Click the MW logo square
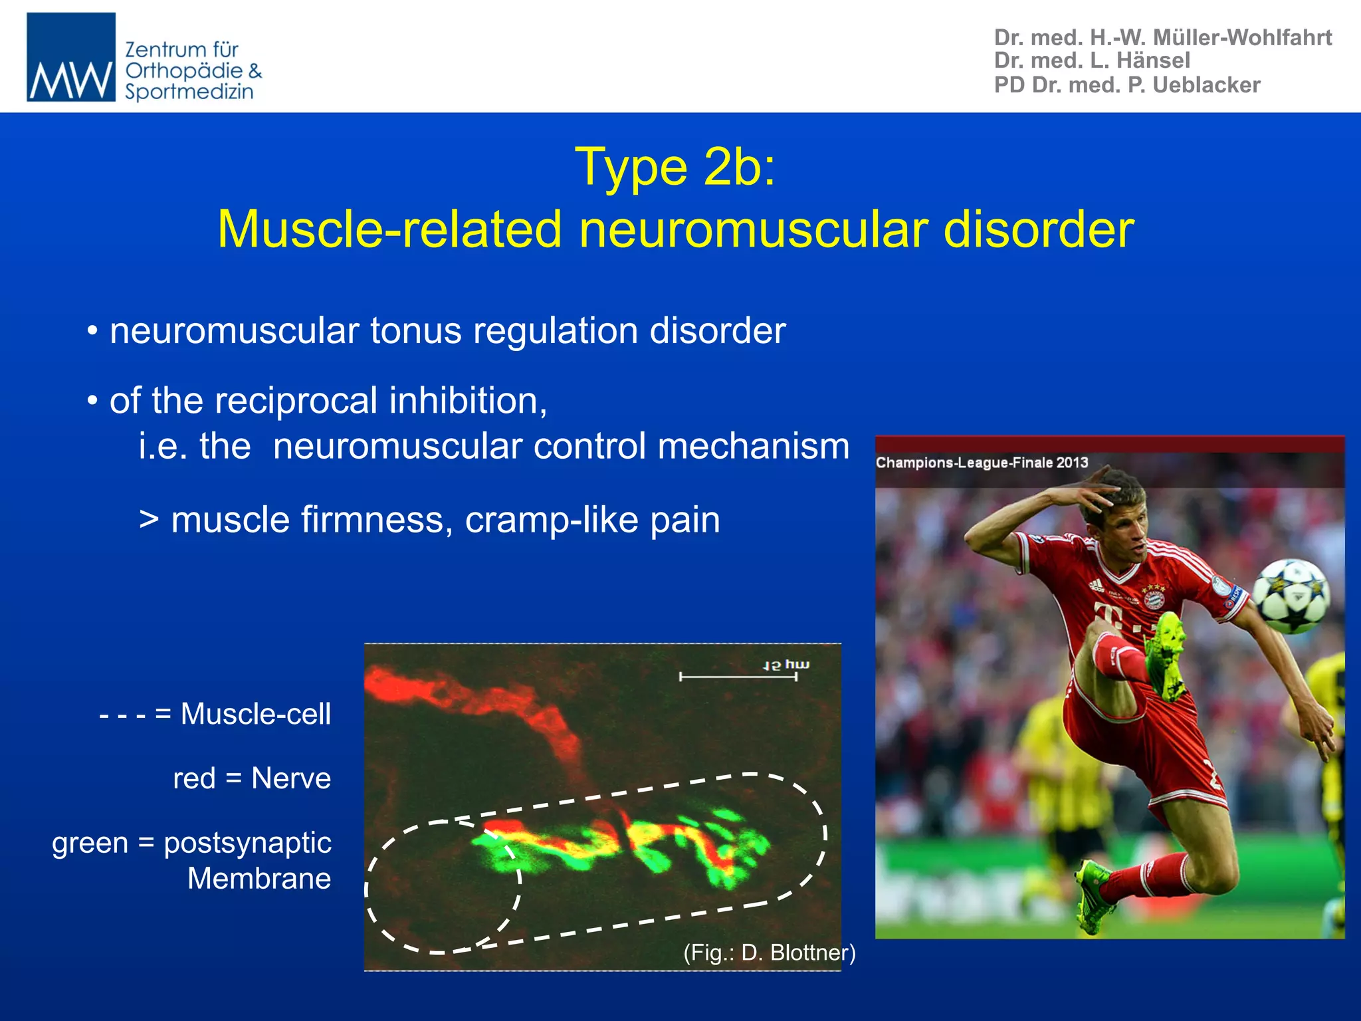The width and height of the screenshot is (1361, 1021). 71,57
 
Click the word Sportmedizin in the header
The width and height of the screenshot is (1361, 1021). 189,92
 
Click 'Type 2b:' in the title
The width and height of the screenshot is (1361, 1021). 675,168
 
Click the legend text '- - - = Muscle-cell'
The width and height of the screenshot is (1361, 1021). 215,715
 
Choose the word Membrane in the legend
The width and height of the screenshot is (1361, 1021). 259,879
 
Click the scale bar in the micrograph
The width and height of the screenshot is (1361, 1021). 738,677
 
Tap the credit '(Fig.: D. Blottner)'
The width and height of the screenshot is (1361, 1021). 769,953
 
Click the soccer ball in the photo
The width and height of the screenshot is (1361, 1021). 1291,596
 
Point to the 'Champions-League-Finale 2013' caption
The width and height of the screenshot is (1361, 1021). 982,463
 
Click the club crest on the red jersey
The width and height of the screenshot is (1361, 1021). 1154,599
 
